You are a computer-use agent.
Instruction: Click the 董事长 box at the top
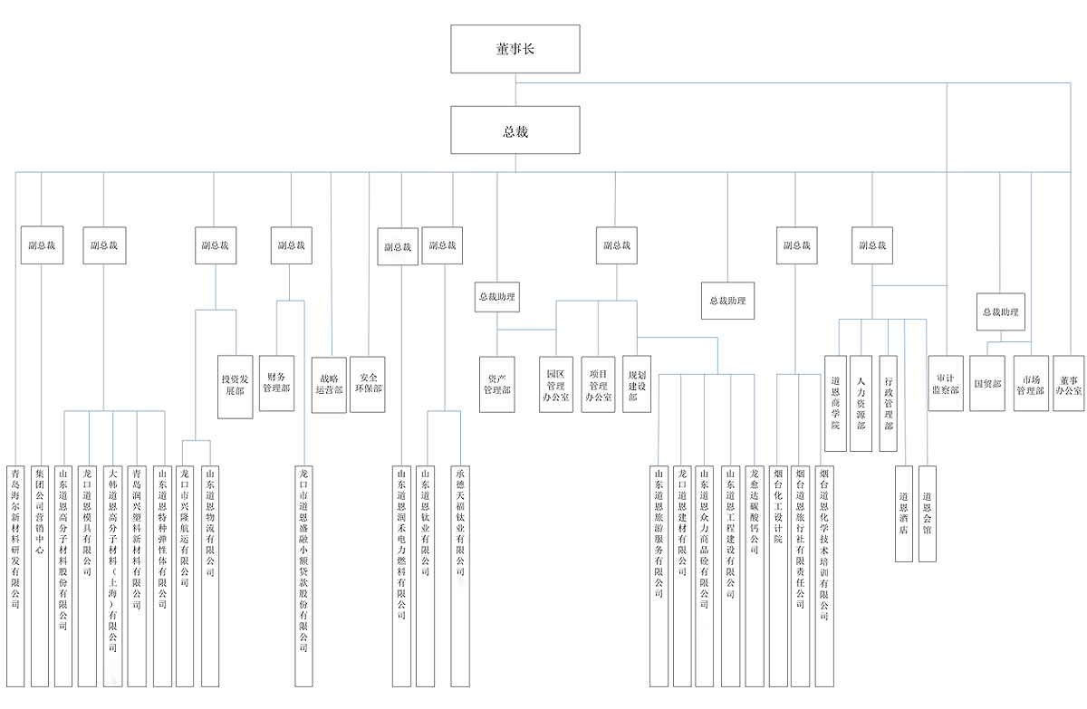point(515,49)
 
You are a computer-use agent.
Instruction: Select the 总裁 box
point(515,130)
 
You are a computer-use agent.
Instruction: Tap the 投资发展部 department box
point(235,387)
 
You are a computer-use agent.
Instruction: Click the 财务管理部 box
point(276,383)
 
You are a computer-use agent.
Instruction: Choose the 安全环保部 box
point(369,384)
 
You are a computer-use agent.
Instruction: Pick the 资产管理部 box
point(497,384)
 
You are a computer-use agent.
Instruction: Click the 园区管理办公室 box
point(555,384)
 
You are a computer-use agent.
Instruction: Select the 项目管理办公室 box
point(598,384)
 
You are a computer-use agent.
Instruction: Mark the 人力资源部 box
point(861,403)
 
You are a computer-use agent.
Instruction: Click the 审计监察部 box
point(945,383)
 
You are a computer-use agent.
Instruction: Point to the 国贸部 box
point(986,383)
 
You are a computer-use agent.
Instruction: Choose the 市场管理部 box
point(1031,383)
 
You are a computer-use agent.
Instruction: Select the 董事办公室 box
point(1069,383)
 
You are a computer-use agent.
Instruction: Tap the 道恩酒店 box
point(903,513)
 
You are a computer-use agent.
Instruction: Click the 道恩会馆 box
point(928,513)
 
